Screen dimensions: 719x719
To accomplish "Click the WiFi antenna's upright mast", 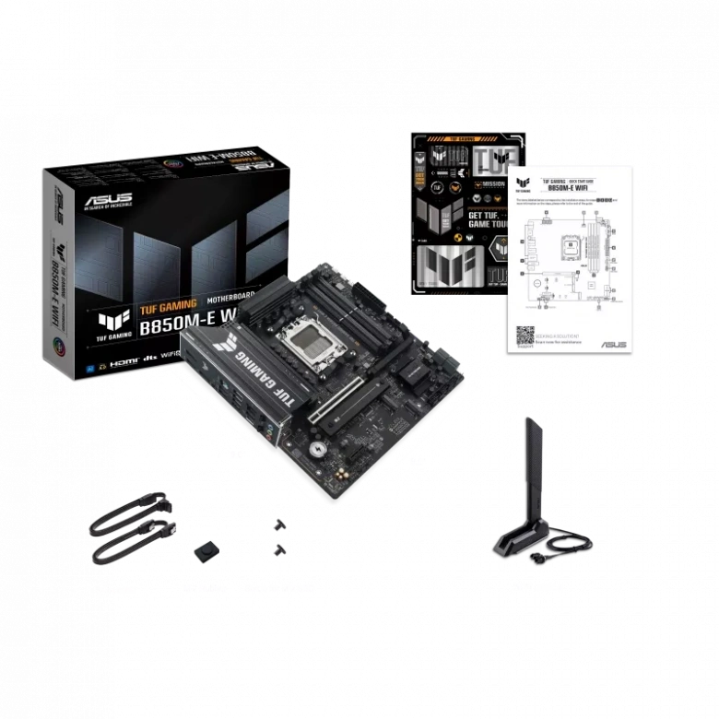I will [533, 470].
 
